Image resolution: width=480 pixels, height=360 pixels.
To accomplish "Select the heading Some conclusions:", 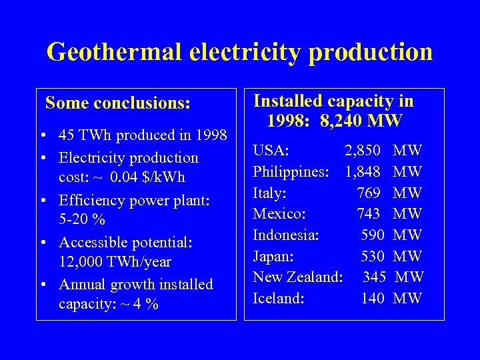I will point(118,103).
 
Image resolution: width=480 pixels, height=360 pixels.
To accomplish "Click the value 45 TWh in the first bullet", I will point(84,135).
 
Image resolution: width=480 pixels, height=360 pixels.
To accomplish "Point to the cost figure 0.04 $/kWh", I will point(147,177).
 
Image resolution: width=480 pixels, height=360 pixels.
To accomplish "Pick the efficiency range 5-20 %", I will point(82,219).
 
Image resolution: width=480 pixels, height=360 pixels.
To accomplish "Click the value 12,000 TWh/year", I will point(115,262).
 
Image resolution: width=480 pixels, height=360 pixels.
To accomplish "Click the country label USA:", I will point(271,151).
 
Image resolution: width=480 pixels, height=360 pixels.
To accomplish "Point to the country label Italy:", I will point(270,193).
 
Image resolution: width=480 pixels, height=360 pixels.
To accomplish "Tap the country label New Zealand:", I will point(298,277).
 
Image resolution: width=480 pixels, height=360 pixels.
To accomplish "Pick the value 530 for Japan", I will point(373,256).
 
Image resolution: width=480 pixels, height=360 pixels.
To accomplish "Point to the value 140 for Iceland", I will point(373,298).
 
